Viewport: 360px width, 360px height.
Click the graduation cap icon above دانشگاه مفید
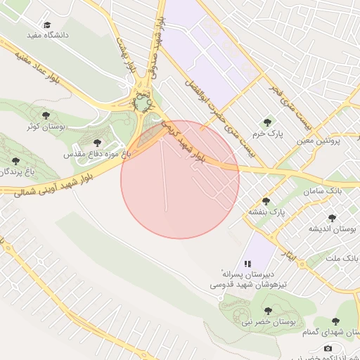[47, 24]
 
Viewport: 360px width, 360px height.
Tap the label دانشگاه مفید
[46, 34]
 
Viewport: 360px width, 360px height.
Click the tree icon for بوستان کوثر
[46, 115]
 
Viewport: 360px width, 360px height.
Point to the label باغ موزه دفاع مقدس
[98, 153]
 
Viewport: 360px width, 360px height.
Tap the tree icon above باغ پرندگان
[15, 161]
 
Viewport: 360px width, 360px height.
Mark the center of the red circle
[180, 179]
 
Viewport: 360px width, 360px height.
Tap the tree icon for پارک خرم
[266, 122]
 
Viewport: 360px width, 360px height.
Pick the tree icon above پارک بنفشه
[265, 200]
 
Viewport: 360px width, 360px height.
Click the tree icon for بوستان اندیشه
[332, 218]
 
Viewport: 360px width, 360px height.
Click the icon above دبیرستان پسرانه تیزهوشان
[247, 262]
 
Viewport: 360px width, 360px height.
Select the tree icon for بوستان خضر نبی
[267, 310]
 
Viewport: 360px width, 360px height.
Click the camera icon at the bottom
[328, 348]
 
